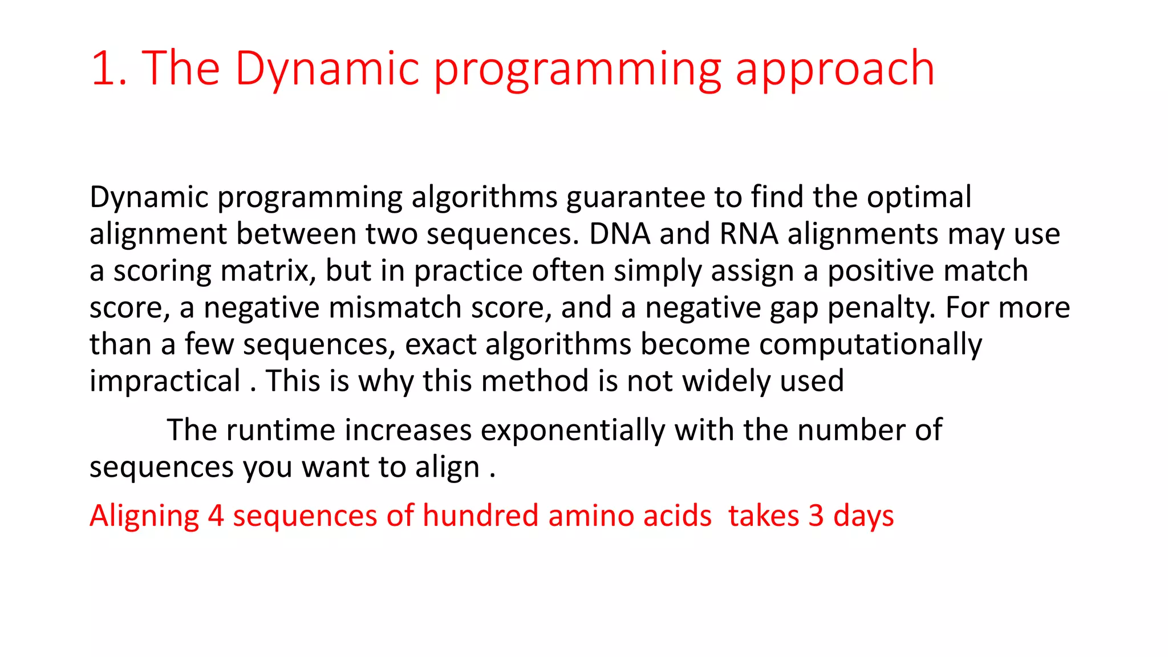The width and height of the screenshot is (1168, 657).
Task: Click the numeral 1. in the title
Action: tap(108, 68)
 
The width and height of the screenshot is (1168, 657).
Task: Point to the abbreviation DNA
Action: tap(620, 234)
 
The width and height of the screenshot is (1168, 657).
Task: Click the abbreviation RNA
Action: tap(749, 234)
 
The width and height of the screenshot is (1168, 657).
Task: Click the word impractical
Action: tap(165, 382)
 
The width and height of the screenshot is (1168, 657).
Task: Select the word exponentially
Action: tap(573, 430)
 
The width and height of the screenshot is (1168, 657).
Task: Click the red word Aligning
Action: tap(144, 516)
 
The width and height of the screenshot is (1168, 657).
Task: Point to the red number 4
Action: tap(216, 516)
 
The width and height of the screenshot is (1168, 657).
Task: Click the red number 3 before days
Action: tap(816, 516)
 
